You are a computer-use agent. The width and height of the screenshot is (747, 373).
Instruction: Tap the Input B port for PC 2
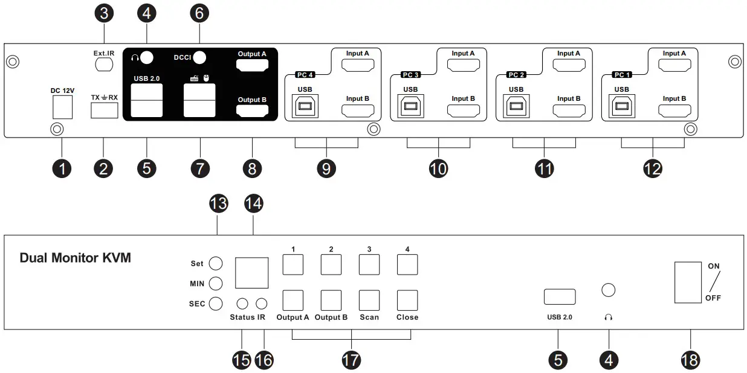[569, 110]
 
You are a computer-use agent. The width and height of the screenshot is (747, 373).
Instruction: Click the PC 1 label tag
[621, 75]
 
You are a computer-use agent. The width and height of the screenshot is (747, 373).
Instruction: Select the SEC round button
[216, 304]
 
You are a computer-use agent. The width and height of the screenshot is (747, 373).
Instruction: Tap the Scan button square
[369, 301]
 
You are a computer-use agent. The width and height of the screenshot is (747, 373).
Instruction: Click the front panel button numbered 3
[369, 264]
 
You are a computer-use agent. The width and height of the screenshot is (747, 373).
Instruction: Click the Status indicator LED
[242, 304]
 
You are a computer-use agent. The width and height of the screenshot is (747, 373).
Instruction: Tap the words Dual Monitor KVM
[76, 258]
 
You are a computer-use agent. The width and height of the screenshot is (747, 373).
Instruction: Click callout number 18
[690, 360]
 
